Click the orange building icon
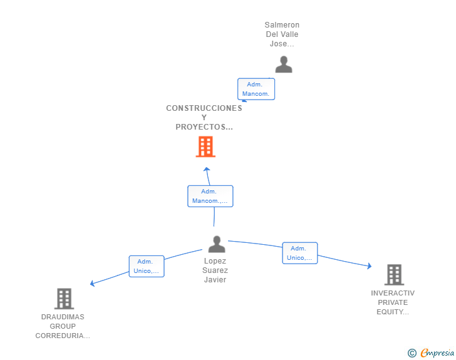tap(205, 147)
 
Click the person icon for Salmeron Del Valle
tap(284, 64)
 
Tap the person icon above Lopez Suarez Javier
tap(216, 244)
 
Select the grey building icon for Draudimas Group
tap(64, 299)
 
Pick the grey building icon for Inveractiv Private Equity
tap(394, 274)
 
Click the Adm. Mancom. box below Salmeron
tap(256, 89)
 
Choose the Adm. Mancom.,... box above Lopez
tap(210, 196)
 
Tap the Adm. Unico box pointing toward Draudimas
tap(147, 266)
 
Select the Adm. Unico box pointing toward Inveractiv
tap(299, 253)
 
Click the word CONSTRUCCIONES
tap(204, 108)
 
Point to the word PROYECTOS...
tap(204, 127)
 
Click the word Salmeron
tap(282, 26)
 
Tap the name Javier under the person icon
tap(215, 280)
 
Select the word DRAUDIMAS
tap(63, 317)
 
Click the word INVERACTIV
tap(393, 293)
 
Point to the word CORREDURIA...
tap(62, 336)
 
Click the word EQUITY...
tap(393, 312)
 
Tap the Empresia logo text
tap(438, 353)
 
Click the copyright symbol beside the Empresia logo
tap(412, 353)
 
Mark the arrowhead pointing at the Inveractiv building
tap(370, 267)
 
